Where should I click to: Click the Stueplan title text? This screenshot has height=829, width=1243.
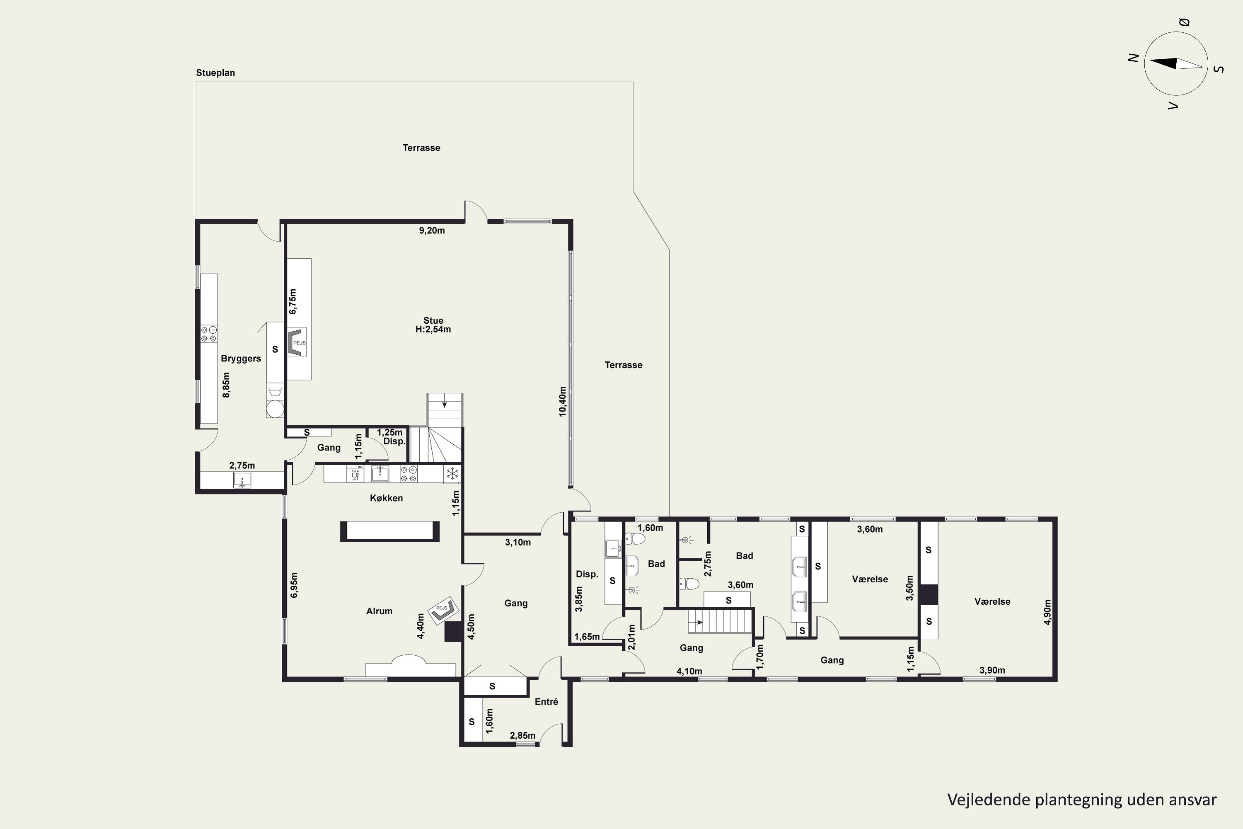[215, 73]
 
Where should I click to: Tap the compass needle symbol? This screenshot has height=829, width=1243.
[1176, 63]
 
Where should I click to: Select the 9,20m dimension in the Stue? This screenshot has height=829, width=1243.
[432, 230]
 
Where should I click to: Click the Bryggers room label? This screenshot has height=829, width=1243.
[241, 359]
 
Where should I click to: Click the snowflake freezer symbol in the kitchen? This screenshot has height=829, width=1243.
[452, 474]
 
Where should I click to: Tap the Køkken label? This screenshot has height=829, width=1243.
[386, 498]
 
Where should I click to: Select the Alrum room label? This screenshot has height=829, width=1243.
[380, 611]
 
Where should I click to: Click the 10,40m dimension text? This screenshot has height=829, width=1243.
[562, 401]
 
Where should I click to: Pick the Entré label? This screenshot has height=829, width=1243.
[547, 702]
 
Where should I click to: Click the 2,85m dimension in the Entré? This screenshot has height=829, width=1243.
[522, 735]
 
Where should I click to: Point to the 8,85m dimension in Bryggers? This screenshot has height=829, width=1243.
[226, 385]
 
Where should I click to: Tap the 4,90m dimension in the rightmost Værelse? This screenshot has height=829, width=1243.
[1047, 612]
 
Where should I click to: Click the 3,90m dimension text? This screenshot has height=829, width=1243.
[992, 670]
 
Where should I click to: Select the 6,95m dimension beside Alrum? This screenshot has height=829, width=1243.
[294, 585]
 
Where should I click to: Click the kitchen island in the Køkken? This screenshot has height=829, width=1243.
[390, 531]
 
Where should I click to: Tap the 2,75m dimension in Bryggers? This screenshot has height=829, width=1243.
[242, 466]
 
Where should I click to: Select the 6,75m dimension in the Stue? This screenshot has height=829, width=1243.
[293, 301]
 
